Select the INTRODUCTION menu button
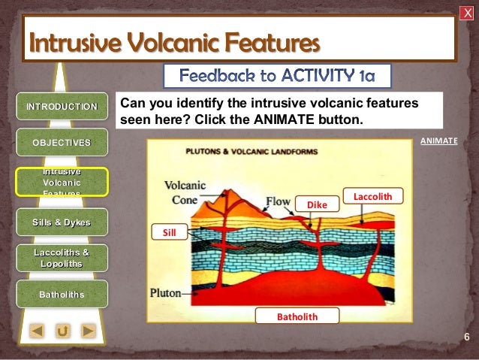tap(62, 106)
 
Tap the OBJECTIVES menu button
tap(62, 142)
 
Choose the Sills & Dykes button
tap(62, 222)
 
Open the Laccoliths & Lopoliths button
tap(62, 258)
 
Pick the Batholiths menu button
tap(62, 294)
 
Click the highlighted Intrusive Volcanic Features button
tap(62, 182)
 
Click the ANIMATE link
tap(438, 141)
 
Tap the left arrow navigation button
tap(38, 330)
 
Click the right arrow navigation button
tap(88, 330)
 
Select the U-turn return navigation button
tap(63, 330)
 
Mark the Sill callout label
tap(169, 233)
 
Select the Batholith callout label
tap(297, 316)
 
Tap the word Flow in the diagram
tap(278, 201)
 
